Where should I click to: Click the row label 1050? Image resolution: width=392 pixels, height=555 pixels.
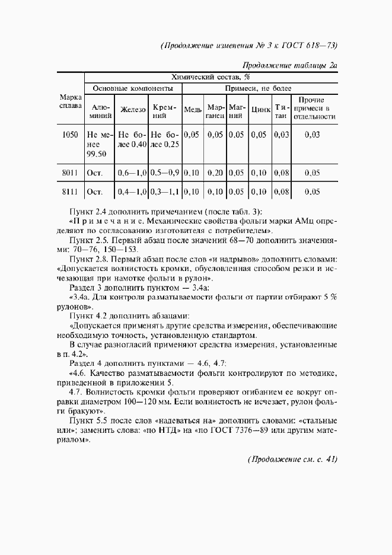pos(70,135)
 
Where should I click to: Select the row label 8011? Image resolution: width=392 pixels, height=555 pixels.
pos(70,173)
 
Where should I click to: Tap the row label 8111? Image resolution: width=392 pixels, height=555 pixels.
pos(70,192)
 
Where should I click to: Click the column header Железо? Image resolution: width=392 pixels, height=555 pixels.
pos(133,110)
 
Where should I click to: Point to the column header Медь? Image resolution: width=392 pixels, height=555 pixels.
pos(193,110)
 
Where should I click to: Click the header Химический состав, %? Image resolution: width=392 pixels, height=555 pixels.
pos(211,77)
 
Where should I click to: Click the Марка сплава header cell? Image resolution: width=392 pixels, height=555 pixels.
pos(71,101)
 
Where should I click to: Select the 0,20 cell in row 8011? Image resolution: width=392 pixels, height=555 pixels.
pos(215,173)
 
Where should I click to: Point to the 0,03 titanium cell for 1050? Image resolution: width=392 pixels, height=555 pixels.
pos(282,135)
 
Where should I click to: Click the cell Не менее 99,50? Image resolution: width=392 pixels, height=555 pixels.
pos(99,144)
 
